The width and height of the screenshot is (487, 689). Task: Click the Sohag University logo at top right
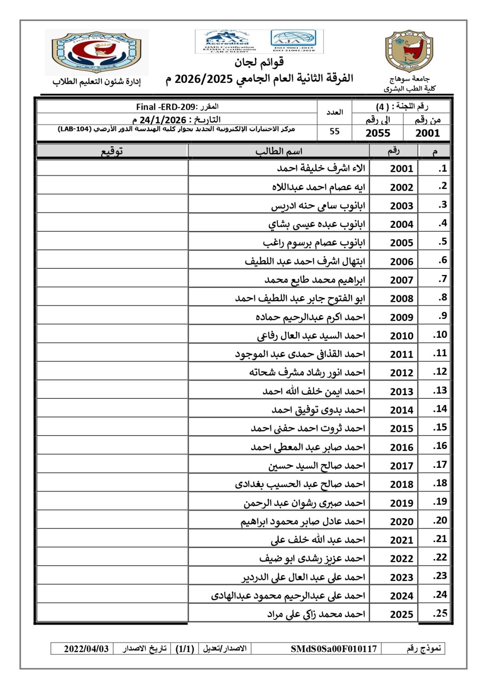coord(409,51)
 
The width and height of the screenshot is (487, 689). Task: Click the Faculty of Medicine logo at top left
coord(97,52)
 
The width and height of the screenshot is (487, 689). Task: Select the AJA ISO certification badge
coord(293,41)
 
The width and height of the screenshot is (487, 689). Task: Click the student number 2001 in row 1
coord(401,169)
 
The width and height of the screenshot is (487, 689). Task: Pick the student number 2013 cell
coord(401,392)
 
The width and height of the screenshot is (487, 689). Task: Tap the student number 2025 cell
coord(401,614)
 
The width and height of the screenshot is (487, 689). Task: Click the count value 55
coord(334,131)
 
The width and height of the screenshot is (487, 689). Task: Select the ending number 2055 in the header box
coord(378,133)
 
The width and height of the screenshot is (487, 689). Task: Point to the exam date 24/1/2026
coord(163,120)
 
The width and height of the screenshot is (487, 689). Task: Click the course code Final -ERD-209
coord(166,107)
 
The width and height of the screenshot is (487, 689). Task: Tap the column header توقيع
coord(112,151)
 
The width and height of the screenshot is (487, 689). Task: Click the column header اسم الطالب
coord(279,151)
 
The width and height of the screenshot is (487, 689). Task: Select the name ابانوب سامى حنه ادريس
coord(318,205)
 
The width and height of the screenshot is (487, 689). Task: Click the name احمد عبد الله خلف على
coord(318,540)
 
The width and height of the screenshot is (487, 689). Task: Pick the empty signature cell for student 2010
coord(112,335)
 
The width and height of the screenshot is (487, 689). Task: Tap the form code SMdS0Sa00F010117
coord(334,649)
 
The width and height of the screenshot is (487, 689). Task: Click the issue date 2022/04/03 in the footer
coord(86,649)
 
